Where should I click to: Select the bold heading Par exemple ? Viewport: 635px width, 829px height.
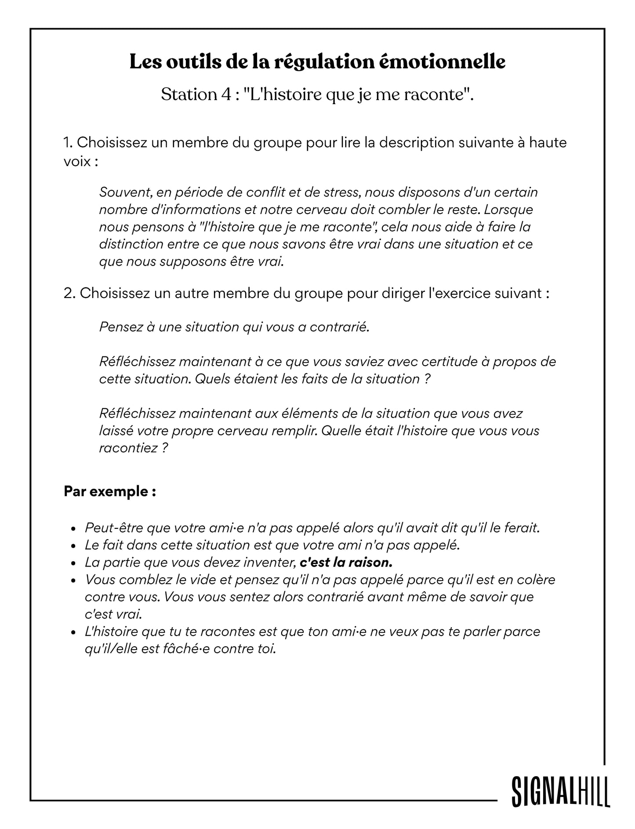coord(110,491)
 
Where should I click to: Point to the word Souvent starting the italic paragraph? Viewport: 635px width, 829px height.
coord(125,192)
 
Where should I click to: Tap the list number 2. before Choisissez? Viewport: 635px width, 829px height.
coord(69,293)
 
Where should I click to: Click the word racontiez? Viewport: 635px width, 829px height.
coord(128,448)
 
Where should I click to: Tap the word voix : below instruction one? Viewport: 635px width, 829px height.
coord(81,161)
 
